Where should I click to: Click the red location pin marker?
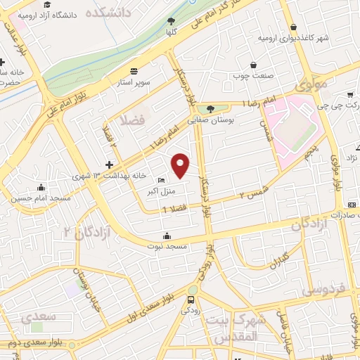coord(181,165)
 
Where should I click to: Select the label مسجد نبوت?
coord(167,246)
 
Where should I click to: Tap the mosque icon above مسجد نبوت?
coord(167,236)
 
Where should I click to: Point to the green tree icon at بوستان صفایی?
coord(210,108)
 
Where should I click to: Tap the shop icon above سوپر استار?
coord(134,70)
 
